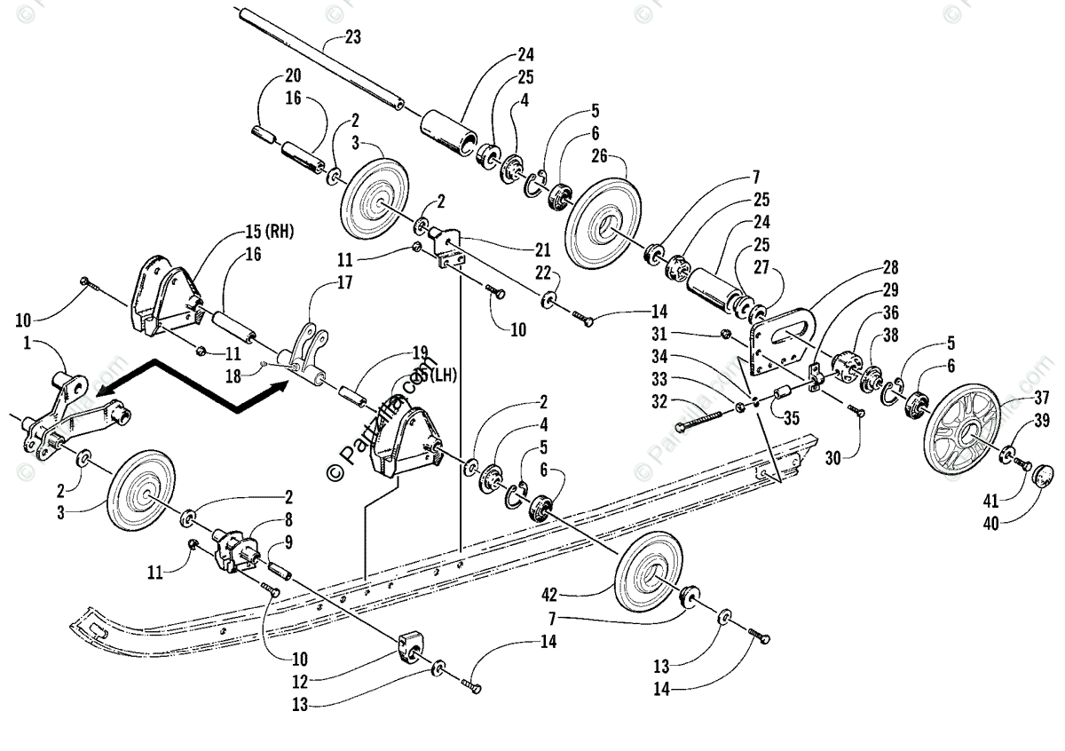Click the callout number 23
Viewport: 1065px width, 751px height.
pyautogui.click(x=352, y=38)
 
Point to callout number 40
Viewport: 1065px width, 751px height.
pyautogui.click(x=990, y=523)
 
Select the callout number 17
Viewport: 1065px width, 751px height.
pyautogui.click(x=319, y=283)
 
